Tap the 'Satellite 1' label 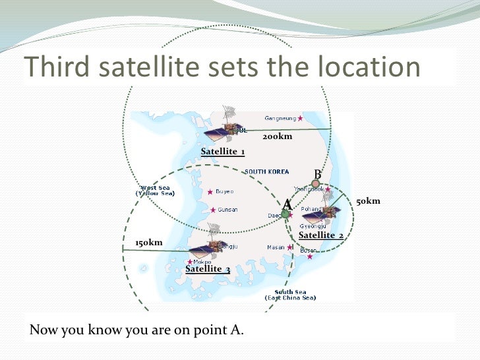[x=223, y=152]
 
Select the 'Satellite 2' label [x=320, y=235]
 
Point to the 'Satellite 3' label [x=208, y=269]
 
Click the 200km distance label [x=277, y=136]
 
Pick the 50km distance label [x=368, y=201]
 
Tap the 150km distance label [x=148, y=243]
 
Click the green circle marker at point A [x=285, y=214]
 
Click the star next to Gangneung [x=301, y=119]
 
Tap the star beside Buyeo [x=210, y=192]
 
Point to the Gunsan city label [x=227, y=210]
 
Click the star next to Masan [x=291, y=248]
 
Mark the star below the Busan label [x=309, y=256]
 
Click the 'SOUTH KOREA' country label [x=266, y=172]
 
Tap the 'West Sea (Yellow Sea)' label [x=155, y=191]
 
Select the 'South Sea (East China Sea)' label [x=290, y=295]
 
